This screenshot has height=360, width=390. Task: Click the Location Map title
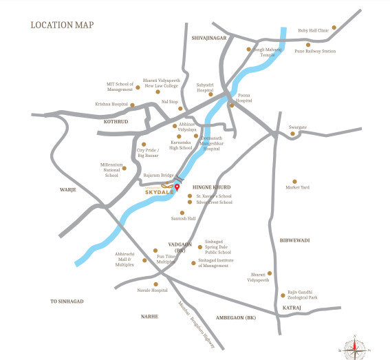tap(62, 25)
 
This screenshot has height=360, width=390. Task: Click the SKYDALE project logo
tap(158, 193)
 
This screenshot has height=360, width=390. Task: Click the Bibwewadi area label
tap(295, 241)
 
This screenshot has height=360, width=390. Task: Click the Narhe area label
tap(149, 317)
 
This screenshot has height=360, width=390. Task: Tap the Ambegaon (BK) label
tap(235, 317)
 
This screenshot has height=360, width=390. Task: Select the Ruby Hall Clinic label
tap(314, 30)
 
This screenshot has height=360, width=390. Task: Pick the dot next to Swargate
tap(292, 134)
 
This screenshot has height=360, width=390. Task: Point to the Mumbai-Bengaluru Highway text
tap(197, 324)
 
